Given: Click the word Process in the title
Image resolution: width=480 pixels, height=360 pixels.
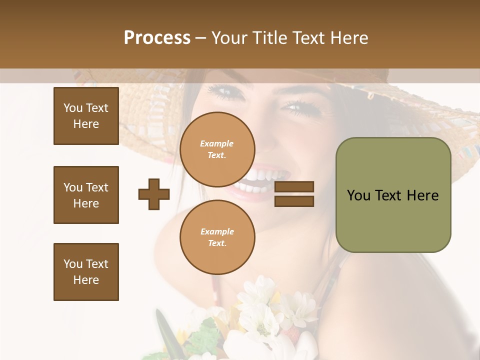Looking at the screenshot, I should coord(157,38).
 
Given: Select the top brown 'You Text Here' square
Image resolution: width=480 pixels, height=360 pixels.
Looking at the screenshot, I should coord(86,116).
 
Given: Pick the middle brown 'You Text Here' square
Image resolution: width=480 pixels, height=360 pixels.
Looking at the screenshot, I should coord(86,195).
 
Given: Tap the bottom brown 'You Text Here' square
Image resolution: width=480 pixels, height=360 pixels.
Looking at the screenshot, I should coord(86,271).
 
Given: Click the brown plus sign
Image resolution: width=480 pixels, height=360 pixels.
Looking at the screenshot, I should coord(154,194).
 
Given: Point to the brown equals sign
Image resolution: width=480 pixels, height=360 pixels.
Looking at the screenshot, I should coord(294,194).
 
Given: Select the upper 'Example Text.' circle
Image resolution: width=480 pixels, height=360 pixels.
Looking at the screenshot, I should coord(217,149).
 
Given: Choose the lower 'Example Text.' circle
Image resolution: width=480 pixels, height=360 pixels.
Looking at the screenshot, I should coord(217,237).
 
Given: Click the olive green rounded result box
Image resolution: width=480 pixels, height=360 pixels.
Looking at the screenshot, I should coord(393,195).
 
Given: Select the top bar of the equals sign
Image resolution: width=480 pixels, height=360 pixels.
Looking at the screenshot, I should coord(294,187).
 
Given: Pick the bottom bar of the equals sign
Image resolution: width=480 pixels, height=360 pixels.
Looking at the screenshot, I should coord(294,201).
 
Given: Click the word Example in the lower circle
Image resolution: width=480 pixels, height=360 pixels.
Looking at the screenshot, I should coord(217,231).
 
